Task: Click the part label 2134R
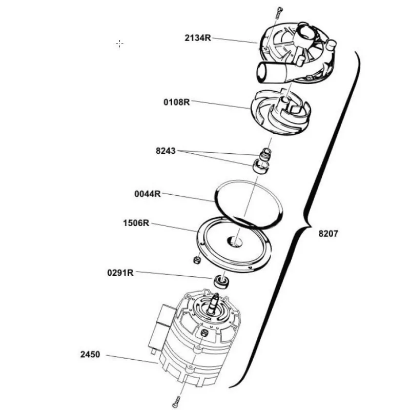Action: (x=198, y=38)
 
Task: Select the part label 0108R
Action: (x=177, y=102)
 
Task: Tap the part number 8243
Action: (x=166, y=151)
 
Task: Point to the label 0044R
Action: (x=148, y=194)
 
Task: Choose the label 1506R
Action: (x=136, y=223)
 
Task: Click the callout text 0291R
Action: (x=120, y=273)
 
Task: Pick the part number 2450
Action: (x=90, y=354)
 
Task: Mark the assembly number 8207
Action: (x=329, y=233)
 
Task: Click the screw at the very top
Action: (x=279, y=12)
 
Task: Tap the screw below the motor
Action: (x=177, y=400)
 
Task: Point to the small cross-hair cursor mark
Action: (x=119, y=44)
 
